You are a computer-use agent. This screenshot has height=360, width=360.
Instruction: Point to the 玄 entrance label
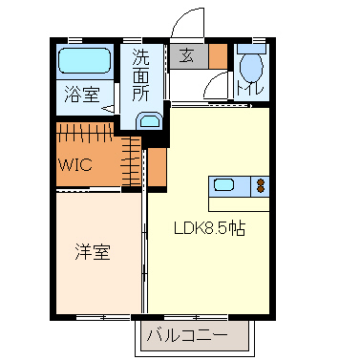186,56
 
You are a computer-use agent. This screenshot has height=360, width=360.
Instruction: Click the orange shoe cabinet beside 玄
219,56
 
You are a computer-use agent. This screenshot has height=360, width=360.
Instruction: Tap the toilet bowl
250,68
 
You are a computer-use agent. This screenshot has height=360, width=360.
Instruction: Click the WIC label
74,163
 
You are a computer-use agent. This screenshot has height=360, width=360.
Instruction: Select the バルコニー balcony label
187,336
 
